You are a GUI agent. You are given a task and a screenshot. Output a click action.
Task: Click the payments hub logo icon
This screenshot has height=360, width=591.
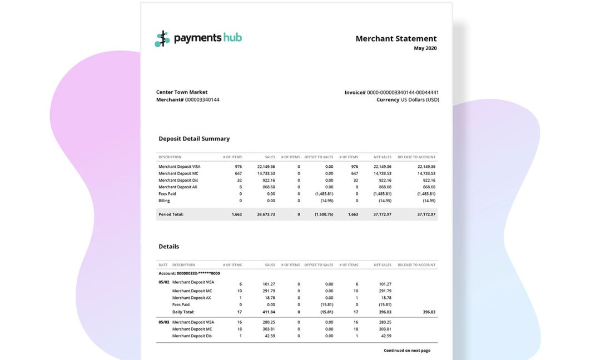pyautogui.click(x=162, y=39)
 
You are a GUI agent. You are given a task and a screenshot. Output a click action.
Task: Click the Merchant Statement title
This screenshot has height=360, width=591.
pyautogui.click(x=396, y=39)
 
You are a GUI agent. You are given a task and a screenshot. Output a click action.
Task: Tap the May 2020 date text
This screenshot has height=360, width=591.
pyautogui.click(x=425, y=48)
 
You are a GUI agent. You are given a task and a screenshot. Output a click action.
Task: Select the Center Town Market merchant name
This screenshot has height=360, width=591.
pyautogui.click(x=182, y=92)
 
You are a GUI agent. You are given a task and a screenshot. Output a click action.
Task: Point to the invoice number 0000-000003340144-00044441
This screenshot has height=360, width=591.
pyautogui.click(x=403, y=92)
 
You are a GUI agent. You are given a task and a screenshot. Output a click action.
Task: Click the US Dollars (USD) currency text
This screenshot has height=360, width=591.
pyautogui.click(x=420, y=100)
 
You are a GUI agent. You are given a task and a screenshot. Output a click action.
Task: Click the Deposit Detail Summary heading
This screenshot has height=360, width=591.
pyautogui.click(x=194, y=139)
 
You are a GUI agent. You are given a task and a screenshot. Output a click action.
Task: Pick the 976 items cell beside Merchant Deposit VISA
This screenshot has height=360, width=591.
pyautogui.click(x=238, y=167)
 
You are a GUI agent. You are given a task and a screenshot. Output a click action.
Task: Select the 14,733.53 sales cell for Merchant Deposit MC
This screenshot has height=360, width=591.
pyautogui.click(x=266, y=173)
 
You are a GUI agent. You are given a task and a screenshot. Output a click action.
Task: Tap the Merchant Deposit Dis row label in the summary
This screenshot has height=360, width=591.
pyautogui.click(x=178, y=180)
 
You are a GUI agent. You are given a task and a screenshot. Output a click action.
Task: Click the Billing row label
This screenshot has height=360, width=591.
pyautogui.click(x=165, y=201)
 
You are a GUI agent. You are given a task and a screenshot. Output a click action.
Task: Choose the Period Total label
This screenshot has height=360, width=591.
pyautogui.click(x=171, y=214)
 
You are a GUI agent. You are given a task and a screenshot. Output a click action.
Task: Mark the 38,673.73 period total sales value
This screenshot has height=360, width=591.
pyautogui.click(x=266, y=214)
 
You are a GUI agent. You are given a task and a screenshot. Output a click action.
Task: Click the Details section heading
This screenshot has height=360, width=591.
pyautogui.click(x=168, y=247)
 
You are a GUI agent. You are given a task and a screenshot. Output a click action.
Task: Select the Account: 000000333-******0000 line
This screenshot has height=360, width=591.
pyautogui.click(x=189, y=273)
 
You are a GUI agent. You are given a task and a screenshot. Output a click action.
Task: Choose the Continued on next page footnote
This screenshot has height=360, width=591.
pyautogui.click(x=407, y=351)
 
